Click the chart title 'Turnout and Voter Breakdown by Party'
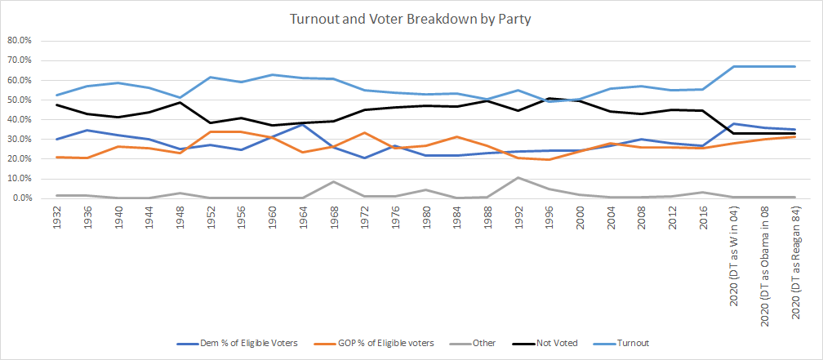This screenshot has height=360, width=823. click(411, 18)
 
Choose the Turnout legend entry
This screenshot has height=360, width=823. click(634, 343)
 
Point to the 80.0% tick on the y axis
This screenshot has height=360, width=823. click(19, 40)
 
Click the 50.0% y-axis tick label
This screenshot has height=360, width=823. click(19, 100)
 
